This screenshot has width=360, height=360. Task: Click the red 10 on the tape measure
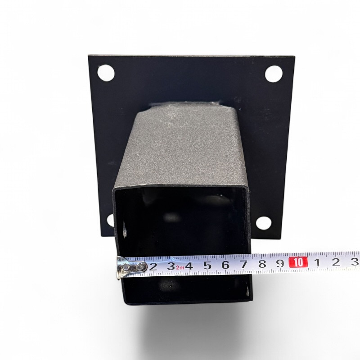(298, 262)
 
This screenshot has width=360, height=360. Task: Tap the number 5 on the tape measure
(207, 265)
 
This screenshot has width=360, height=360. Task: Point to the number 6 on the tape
(225, 265)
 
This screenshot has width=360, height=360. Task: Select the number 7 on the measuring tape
(244, 264)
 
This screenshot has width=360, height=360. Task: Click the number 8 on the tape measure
(262, 264)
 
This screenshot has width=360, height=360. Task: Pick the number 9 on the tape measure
(280, 263)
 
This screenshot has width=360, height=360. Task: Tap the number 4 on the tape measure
(189, 266)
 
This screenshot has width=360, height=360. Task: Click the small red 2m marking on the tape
(180, 267)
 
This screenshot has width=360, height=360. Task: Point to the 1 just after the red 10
(318, 262)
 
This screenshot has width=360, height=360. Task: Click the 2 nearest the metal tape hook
(153, 267)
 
